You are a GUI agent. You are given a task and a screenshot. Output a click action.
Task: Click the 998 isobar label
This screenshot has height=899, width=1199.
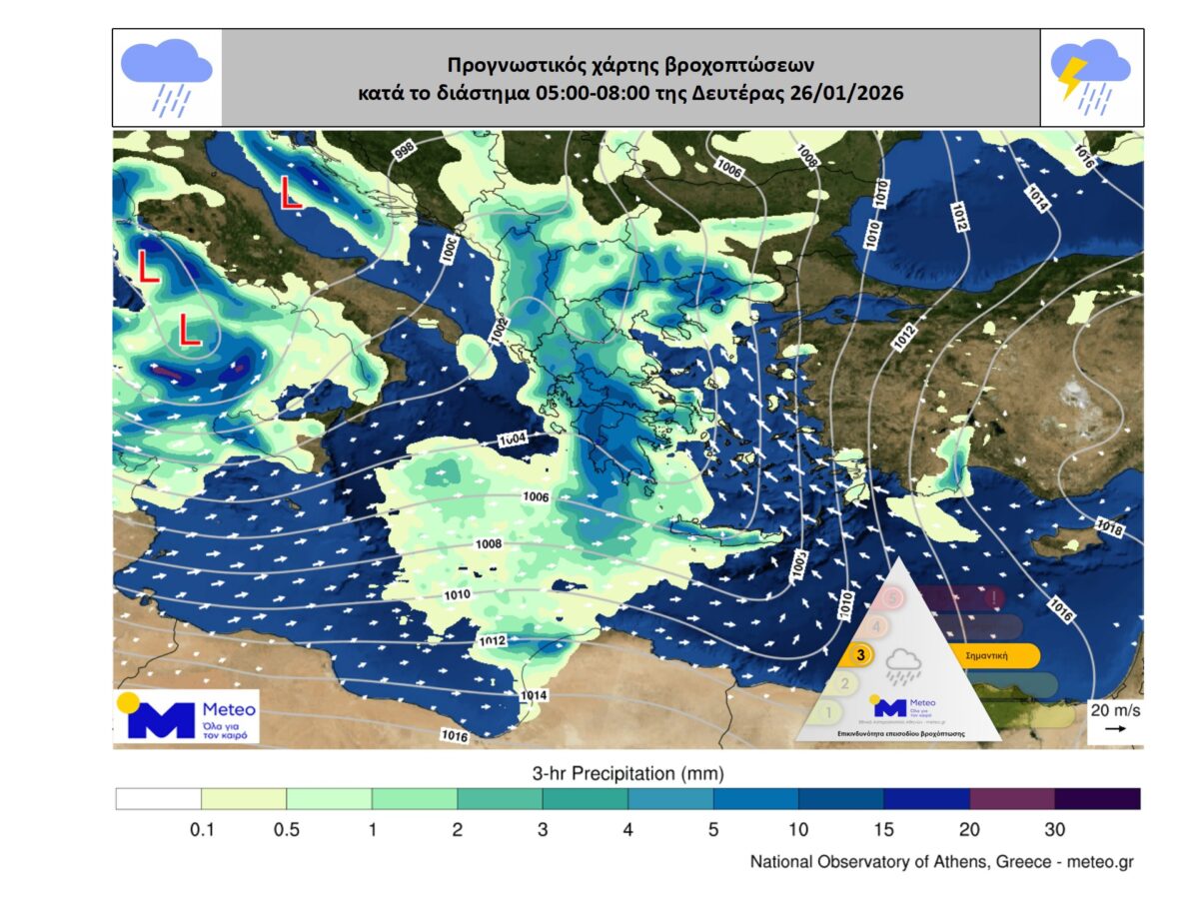[x=404, y=151]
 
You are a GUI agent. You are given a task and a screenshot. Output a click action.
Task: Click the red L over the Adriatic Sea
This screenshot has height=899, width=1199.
[x=290, y=193]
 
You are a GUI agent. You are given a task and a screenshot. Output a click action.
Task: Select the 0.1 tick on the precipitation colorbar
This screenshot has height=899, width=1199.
[x=201, y=830]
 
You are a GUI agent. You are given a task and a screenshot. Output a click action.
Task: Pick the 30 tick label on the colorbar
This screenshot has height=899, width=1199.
[x=1055, y=830]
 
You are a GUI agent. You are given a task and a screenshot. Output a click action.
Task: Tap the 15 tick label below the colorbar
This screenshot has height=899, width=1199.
[x=884, y=830]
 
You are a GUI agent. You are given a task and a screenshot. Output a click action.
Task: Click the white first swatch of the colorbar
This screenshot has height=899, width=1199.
[x=158, y=799]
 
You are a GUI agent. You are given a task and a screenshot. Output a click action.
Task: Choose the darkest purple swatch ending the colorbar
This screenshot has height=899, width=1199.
[x=1097, y=799]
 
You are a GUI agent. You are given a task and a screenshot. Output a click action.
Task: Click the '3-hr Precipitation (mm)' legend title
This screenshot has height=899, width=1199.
[x=627, y=773]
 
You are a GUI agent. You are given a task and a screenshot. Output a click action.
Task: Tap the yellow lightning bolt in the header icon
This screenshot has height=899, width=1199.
[x=1072, y=76]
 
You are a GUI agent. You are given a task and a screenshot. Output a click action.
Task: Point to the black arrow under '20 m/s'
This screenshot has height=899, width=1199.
[x=1115, y=729]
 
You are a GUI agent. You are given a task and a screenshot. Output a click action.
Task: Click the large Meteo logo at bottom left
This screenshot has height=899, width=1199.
[x=186, y=716]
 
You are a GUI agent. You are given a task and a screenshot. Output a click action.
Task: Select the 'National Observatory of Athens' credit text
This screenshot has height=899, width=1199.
[x=942, y=862]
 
